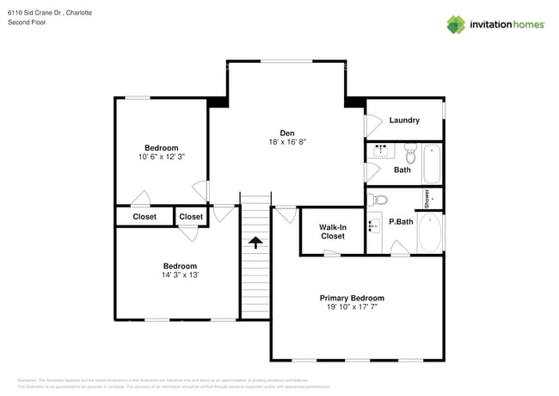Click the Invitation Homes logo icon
pos(455,24)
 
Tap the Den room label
pos(286,132)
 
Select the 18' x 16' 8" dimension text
pos(286,141)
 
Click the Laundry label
pos(404,121)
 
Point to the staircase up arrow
pos(255,243)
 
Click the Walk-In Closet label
pos(333,231)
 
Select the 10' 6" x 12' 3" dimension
pos(162,157)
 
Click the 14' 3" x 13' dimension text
pos(181,275)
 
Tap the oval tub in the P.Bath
pos(430,232)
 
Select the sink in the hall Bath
pos(381,151)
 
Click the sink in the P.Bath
pos(373,226)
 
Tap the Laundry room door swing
pos(372,126)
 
